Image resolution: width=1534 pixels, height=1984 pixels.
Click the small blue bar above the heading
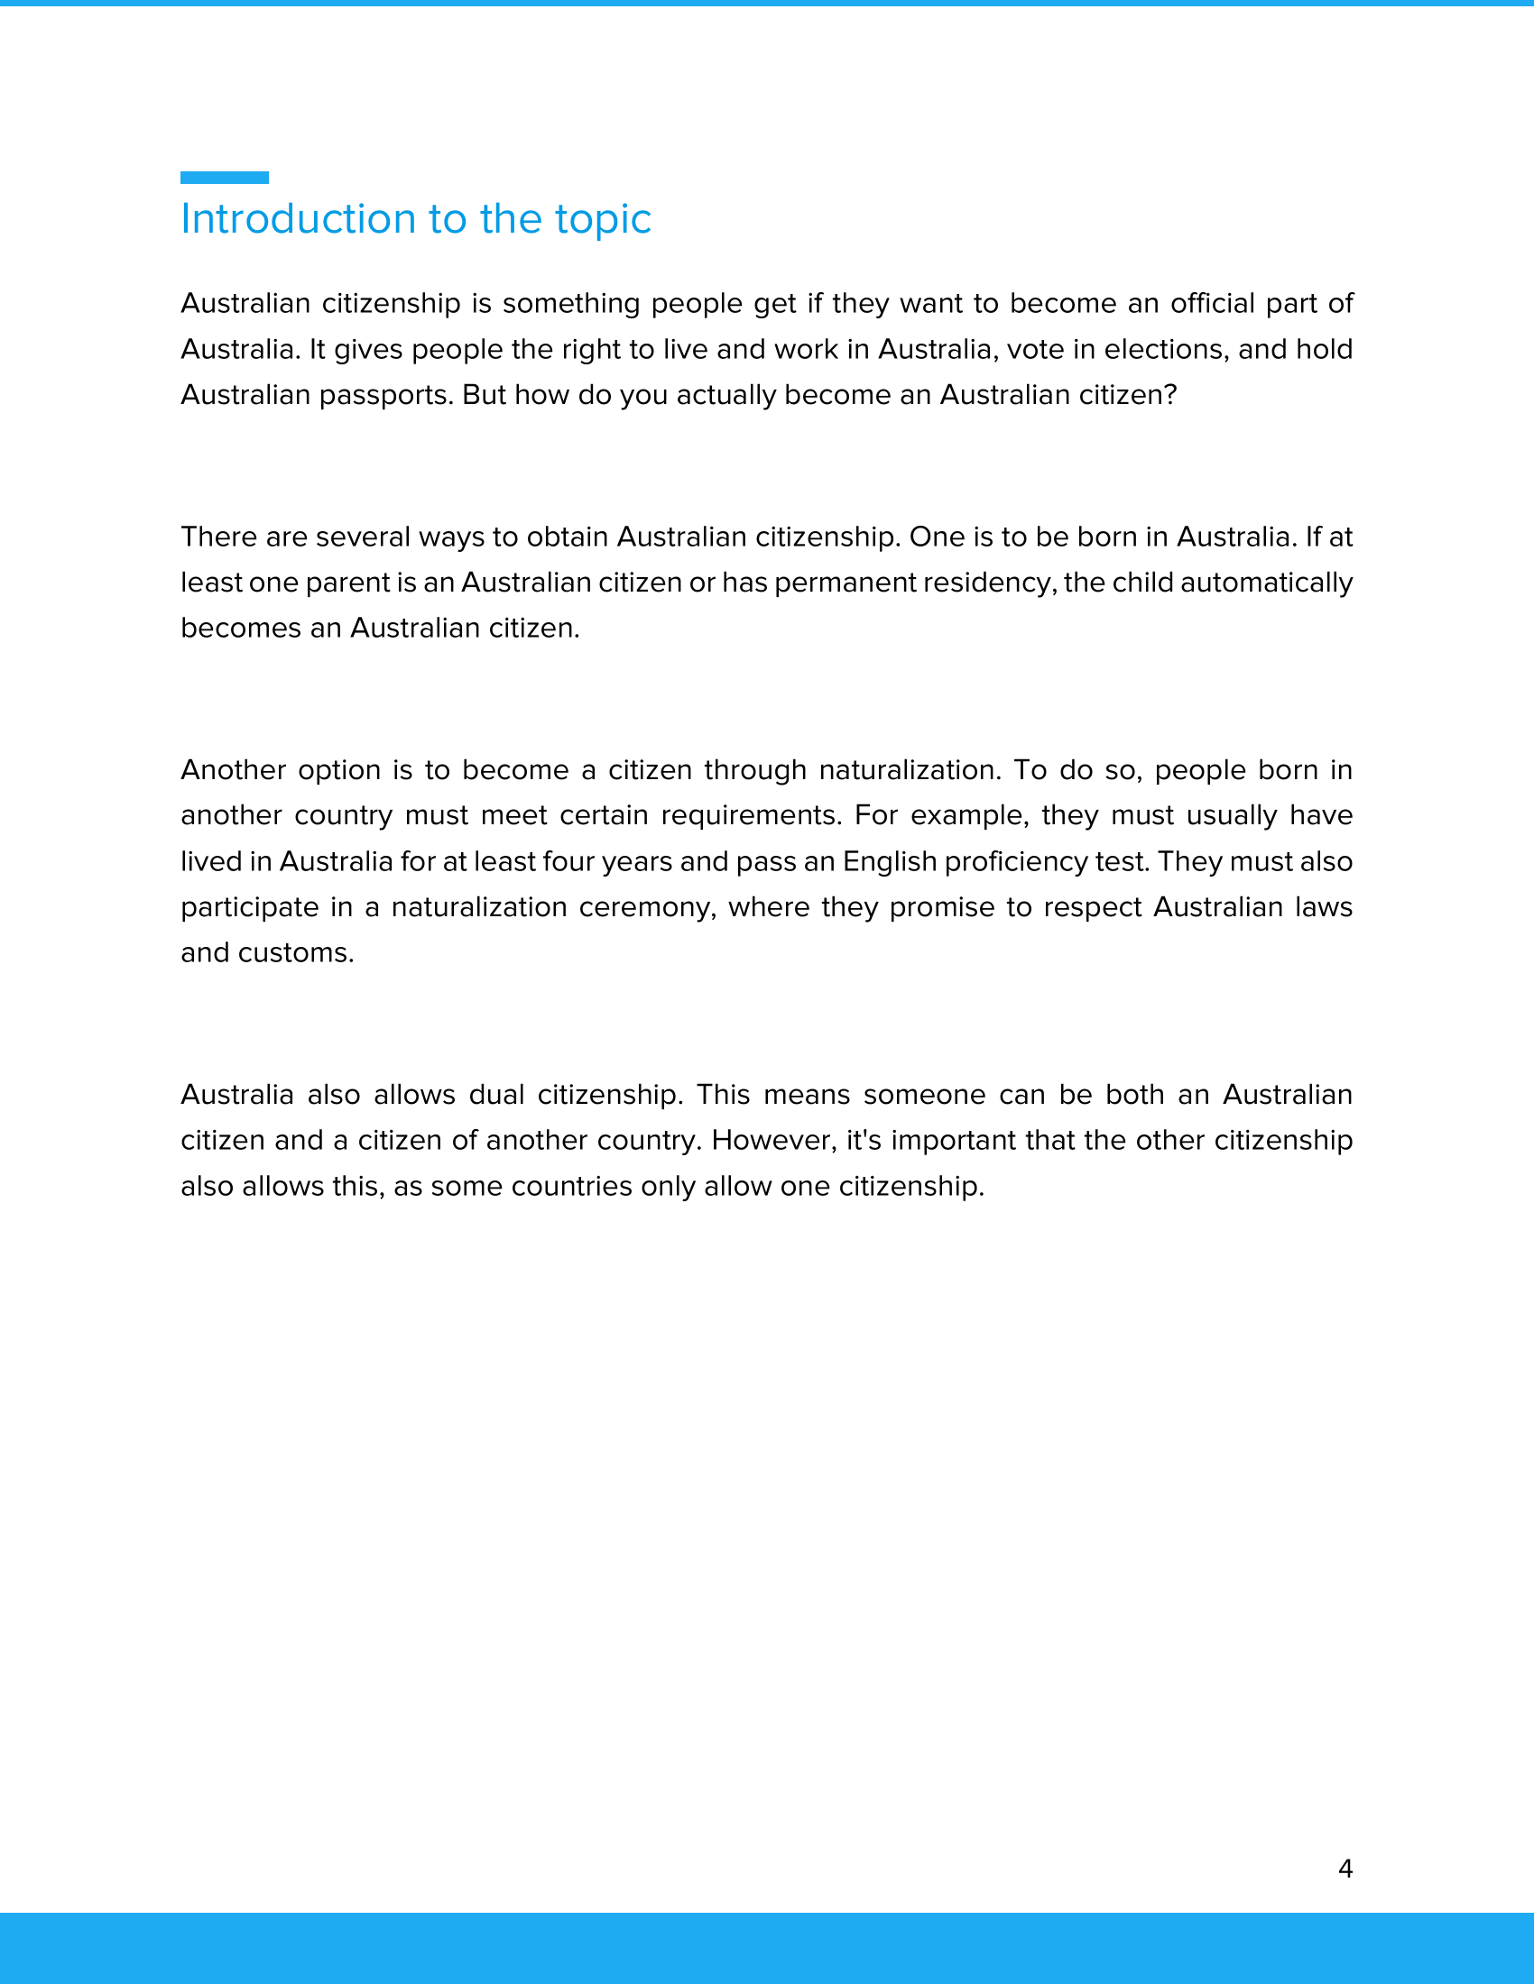225,177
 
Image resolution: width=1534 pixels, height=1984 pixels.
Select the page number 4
1345,1868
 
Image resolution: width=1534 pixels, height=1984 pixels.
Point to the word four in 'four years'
568,861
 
